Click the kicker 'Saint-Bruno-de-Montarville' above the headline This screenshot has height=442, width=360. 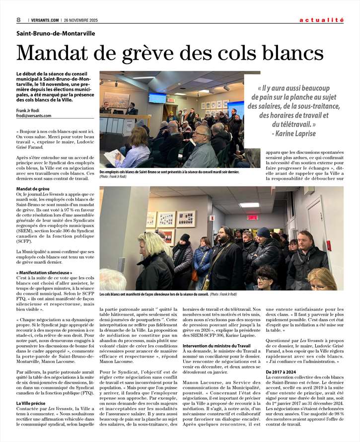tap(56, 33)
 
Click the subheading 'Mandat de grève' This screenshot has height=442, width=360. tap(33, 189)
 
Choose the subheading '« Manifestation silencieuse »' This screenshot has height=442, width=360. tap(44, 273)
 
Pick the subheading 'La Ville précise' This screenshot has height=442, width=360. tap(32, 403)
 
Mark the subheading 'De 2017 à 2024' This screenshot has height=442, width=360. tap(282, 371)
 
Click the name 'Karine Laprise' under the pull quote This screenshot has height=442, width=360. tap(297, 133)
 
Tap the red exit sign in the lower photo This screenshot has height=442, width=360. tap(253, 218)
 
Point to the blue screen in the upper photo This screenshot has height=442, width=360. tap(157, 98)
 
